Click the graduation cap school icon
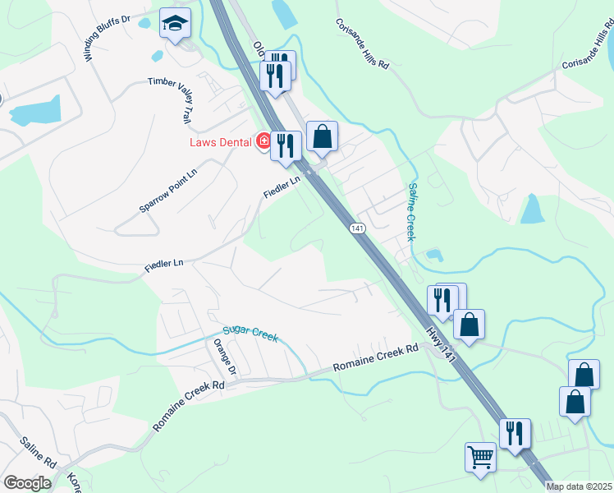click(175, 23)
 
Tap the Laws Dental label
click(219, 142)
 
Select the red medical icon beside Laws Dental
click(263, 142)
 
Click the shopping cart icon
click(480, 455)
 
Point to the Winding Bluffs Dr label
click(107, 38)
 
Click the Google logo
click(27, 483)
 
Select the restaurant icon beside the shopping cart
click(515, 433)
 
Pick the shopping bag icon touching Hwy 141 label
click(469, 324)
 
